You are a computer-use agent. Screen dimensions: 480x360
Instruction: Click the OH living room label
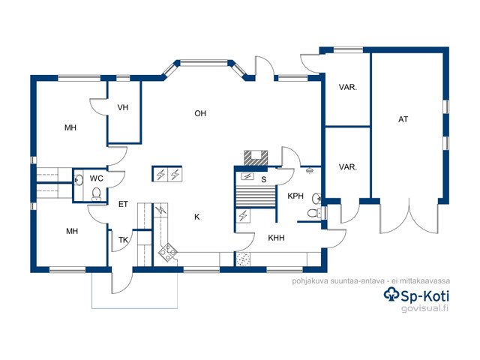200,113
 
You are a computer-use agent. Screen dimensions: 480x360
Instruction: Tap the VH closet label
123,107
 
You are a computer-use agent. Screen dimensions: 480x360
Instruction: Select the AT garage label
403,119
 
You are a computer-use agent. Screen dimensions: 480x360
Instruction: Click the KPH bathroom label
295,196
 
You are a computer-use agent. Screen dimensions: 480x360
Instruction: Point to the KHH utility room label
276,238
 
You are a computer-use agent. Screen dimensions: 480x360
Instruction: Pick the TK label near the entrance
123,240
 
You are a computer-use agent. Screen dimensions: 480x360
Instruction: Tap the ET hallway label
123,204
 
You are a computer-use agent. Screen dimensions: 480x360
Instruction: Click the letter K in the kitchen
196,217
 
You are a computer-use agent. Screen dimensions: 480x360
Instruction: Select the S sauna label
263,180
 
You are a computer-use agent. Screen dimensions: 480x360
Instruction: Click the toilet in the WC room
97,193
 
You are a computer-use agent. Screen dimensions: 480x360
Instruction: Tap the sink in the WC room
78,180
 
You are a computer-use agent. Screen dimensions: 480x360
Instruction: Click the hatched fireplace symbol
256,158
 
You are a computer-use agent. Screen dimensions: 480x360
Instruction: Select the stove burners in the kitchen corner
168,252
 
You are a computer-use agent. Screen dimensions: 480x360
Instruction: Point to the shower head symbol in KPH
310,170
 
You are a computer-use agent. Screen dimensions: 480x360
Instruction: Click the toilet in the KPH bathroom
313,213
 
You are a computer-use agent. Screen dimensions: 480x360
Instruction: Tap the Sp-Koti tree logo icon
391,294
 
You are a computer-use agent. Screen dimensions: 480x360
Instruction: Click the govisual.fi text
424,308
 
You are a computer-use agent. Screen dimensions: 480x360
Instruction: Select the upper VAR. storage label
348,88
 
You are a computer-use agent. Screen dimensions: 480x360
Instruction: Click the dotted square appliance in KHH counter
243,259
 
